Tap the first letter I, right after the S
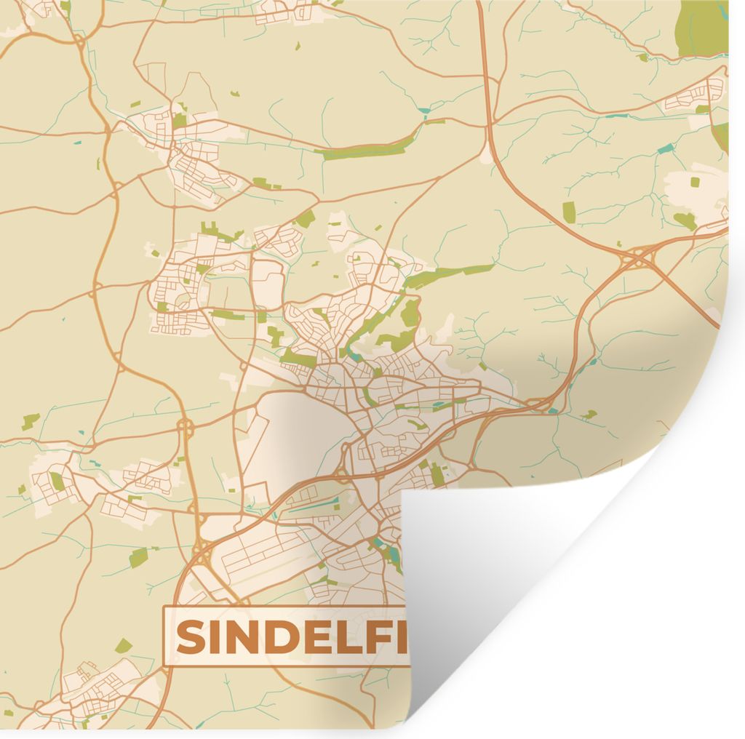click(215, 638)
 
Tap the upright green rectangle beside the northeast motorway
click(569, 212)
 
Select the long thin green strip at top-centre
click(364, 151)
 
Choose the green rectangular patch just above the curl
click(437, 474)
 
